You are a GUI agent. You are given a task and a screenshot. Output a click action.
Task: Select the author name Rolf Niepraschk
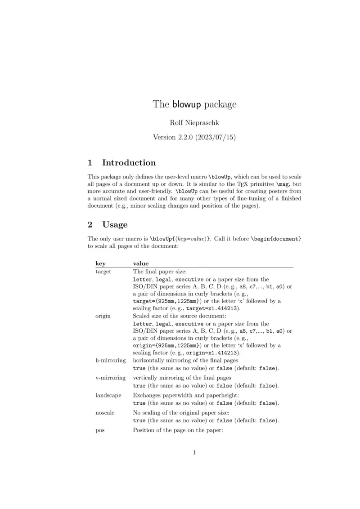tap(194, 122)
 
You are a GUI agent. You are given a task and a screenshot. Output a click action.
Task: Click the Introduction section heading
tap(129, 163)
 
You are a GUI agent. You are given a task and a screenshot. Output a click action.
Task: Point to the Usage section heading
tap(115, 224)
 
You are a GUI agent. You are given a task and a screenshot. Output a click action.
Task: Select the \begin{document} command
tap(276, 239)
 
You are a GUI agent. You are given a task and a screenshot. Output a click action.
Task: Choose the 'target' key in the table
tap(103, 272)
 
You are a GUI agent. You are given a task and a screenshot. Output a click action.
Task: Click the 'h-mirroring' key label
tap(110, 360)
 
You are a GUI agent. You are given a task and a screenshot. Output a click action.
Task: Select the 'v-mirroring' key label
tap(110, 378)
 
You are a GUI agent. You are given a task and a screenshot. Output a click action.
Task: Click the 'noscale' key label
tap(105, 412)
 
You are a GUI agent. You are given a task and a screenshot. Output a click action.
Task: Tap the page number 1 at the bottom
tap(194, 452)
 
